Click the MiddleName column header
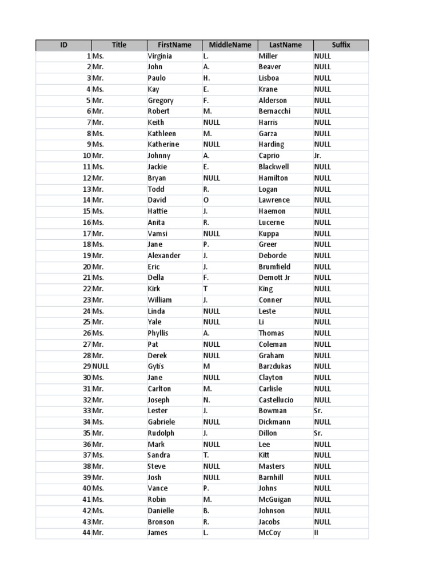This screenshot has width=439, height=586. point(230,45)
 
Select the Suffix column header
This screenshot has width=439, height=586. point(341,45)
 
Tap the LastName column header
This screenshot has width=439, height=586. point(285,45)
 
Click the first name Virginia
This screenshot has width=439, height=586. point(159,56)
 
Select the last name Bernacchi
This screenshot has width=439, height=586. point(274,112)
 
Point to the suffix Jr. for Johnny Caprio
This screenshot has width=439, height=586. point(318,156)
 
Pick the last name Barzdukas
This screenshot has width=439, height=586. point(276,366)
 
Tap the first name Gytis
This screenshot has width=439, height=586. point(156,366)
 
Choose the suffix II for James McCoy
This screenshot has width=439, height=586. point(316,533)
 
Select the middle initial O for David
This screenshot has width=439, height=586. point(206,200)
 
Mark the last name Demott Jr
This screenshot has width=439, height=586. point(274,278)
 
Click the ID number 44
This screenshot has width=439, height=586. point(87,533)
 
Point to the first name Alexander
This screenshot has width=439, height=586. point(164,256)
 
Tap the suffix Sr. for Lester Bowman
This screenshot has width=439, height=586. point(318,411)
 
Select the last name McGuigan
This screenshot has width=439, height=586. point(274,500)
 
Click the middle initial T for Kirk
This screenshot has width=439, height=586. point(205,289)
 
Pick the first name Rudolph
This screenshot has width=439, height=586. point(161,433)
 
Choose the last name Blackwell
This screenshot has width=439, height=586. point(274,167)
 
